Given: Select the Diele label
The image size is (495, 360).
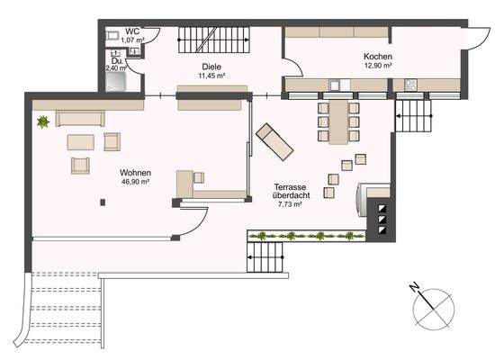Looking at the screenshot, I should tap(211, 67).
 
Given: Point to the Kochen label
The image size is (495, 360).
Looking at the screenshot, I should tap(377, 56).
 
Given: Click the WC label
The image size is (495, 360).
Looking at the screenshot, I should tap(132, 31).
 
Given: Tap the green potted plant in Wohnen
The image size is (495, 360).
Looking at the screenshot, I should tap(41, 121).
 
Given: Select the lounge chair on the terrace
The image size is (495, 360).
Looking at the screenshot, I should tap(274, 141).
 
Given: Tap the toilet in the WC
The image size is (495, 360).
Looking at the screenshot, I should tap(112, 36).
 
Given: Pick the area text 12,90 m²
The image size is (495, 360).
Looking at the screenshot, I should tap(377, 66).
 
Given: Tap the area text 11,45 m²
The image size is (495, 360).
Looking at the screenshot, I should tap(211, 76).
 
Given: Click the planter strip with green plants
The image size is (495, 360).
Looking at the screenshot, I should tap(303, 237).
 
